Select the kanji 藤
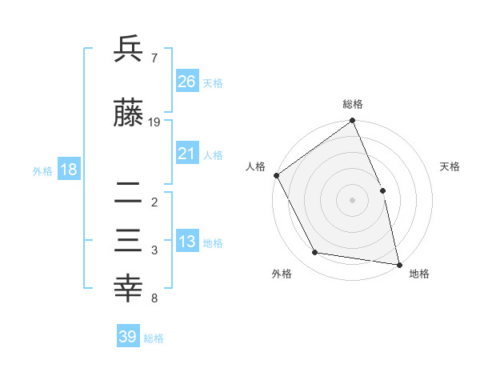pyautogui.click(x=128, y=116)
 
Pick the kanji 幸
pyautogui.click(x=128, y=289)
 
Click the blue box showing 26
pyautogui.click(x=186, y=81)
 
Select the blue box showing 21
pyautogui.click(x=186, y=154)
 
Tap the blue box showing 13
pyautogui.click(x=186, y=242)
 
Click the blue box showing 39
pyautogui.click(x=127, y=337)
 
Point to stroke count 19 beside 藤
pyautogui.click(x=155, y=122)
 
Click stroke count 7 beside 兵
pyautogui.click(x=154, y=58)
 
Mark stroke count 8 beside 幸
pyautogui.click(x=154, y=299)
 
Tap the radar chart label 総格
pyautogui.click(x=353, y=104)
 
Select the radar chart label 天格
pyautogui.click(x=450, y=166)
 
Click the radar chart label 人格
pyautogui.click(x=255, y=166)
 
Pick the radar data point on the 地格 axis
pyautogui.click(x=399, y=264)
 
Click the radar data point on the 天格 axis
pyautogui.click(x=382, y=190)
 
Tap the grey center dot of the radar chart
pyautogui.click(x=352, y=200)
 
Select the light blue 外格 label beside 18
pyautogui.click(x=42, y=170)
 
